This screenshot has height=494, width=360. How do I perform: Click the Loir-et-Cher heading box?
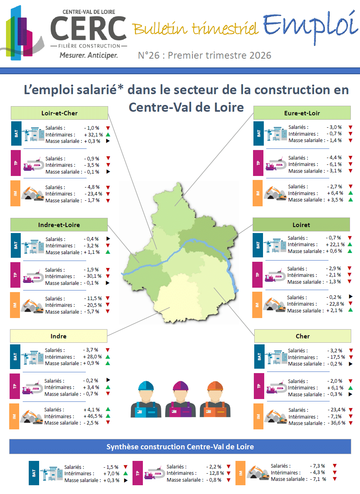59,113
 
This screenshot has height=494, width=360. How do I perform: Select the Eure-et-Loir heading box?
302,113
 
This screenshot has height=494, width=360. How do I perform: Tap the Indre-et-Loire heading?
59,225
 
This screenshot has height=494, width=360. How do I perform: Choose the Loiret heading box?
301,225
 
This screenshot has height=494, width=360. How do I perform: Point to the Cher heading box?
303,336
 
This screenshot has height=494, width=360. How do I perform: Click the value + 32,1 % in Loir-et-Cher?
93,134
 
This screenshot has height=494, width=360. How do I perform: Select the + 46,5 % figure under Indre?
93,416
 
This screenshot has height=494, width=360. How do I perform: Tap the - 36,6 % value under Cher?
336,423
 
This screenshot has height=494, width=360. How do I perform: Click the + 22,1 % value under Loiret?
335,244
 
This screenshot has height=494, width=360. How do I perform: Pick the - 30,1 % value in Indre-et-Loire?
93,276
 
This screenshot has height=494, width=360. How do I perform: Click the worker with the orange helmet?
215,399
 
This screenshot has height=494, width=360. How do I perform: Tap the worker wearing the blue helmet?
146,399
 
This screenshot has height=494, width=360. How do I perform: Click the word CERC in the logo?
88,28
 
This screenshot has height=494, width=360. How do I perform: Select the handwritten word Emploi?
311,26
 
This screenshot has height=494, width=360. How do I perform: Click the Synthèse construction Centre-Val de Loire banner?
180,447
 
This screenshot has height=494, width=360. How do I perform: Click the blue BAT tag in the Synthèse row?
34,473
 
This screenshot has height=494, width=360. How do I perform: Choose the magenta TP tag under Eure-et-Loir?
258,163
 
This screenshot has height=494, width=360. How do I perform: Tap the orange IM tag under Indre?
14,416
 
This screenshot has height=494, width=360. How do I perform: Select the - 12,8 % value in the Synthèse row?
215,473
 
